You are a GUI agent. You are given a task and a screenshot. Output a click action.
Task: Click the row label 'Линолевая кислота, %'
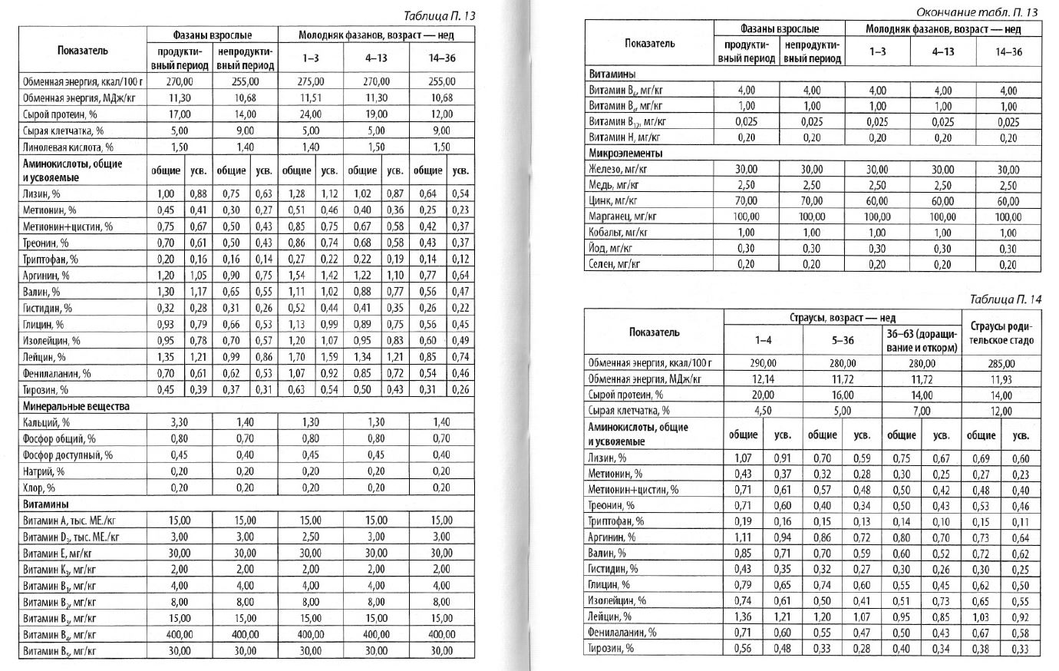[x=68, y=147]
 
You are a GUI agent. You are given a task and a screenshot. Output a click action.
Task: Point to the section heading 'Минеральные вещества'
[x=76, y=406]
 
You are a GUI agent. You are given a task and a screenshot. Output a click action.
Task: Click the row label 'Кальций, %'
[x=45, y=422]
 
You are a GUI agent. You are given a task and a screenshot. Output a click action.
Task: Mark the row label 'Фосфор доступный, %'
[x=68, y=454]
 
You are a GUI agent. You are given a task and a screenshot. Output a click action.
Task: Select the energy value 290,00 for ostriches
[x=763, y=363]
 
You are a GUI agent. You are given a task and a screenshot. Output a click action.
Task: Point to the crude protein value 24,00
[x=310, y=114]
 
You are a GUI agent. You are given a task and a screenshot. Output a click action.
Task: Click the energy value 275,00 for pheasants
[x=310, y=81]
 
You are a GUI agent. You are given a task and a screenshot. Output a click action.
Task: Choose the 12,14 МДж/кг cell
[x=763, y=379]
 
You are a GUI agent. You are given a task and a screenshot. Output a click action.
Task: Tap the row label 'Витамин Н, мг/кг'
[x=624, y=137]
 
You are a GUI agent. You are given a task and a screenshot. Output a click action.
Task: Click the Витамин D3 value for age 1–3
[x=310, y=537]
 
